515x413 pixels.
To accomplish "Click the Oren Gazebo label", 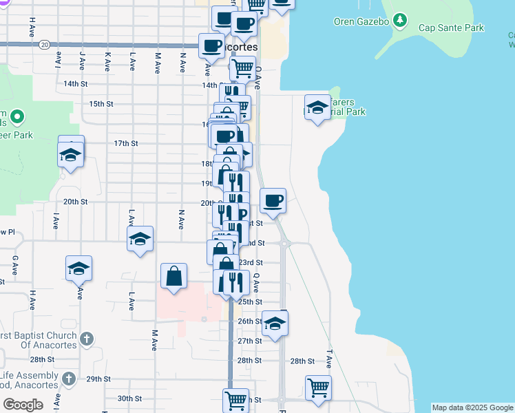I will [x=361, y=21].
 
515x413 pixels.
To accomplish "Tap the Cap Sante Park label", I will [x=451, y=28].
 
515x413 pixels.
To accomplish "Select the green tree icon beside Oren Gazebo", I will [x=399, y=21].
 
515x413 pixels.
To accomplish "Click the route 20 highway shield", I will [x=44, y=44].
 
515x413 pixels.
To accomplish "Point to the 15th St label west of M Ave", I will [x=101, y=104].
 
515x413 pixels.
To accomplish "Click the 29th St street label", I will [x=98, y=379].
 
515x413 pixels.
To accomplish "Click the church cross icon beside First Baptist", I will [x=85, y=338].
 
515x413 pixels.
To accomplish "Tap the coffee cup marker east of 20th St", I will [x=273, y=200].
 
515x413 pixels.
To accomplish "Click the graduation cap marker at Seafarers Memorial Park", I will [x=317, y=107].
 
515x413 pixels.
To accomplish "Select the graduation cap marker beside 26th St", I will [x=275, y=324].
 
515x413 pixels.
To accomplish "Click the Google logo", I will [x=22, y=405].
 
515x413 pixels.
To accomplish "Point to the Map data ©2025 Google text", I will [x=472, y=407].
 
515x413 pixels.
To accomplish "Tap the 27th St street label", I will [x=249, y=341].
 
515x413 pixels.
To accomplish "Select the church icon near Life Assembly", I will [x=68, y=379].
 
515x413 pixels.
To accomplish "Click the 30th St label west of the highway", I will [x=129, y=399].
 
